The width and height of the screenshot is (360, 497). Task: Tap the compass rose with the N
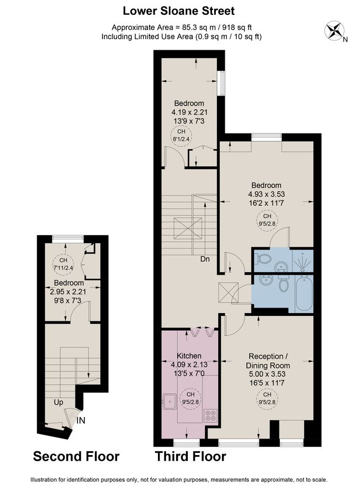[x=335, y=31]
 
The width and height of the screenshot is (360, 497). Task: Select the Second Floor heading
[x=76, y=456]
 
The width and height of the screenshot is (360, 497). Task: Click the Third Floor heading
[x=190, y=456]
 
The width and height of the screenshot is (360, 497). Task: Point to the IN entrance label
[x=81, y=420]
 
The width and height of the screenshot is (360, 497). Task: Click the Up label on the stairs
[x=58, y=402]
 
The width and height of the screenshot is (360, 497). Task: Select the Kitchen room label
[x=189, y=356]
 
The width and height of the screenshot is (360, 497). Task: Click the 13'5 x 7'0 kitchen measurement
[x=189, y=374]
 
